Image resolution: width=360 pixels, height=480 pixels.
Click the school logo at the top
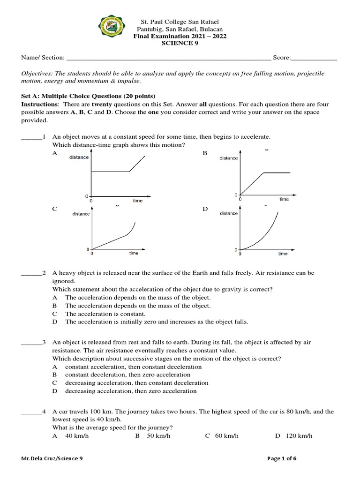113,29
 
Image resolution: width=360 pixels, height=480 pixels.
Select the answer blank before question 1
31,137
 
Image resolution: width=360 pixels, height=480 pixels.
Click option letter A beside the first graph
55,153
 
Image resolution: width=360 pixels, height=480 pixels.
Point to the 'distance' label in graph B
229,158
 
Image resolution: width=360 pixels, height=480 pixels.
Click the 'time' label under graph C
134,254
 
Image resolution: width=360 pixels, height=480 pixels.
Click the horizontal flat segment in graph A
110,172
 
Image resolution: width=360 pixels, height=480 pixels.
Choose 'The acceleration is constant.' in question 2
105,314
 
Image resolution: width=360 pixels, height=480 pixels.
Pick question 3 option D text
131,391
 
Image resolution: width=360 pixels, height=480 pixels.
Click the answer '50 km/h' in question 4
157,436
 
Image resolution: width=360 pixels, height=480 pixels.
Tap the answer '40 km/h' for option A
77,436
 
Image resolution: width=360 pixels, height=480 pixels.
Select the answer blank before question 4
31,412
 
